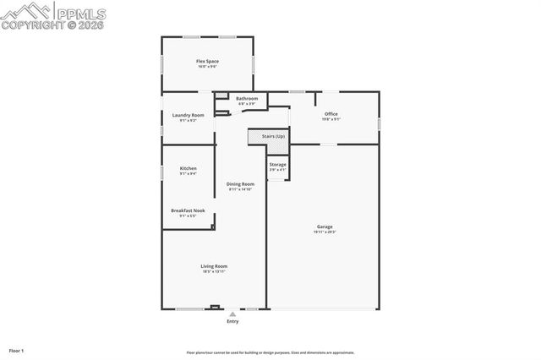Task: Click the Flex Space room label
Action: pyautogui.click(x=207, y=61)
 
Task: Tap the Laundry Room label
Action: pyautogui.click(x=188, y=115)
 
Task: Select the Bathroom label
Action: pyautogui.click(x=247, y=98)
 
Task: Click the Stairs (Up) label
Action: pyautogui.click(x=273, y=135)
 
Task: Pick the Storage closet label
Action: pyautogui.click(x=277, y=164)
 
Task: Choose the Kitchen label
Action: pyautogui.click(x=188, y=168)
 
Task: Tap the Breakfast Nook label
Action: pyautogui.click(x=188, y=210)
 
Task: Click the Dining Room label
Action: pyautogui.click(x=240, y=183)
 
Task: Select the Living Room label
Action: pyautogui.click(x=214, y=266)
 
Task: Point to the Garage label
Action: pyautogui.click(x=325, y=226)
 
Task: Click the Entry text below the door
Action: pyautogui.click(x=232, y=321)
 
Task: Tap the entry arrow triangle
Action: pyautogui.click(x=232, y=314)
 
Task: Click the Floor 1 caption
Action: pyautogui.click(x=16, y=350)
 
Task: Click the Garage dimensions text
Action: pyautogui.click(x=325, y=232)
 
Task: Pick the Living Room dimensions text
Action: pyautogui.click(x=214, y=271)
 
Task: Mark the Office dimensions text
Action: pyautogui.click(x=331, y=119)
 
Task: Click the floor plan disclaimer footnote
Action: pyautogui.click(x=270, y=352)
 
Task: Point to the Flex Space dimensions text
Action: pyautogui.click(x=207, y=66)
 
